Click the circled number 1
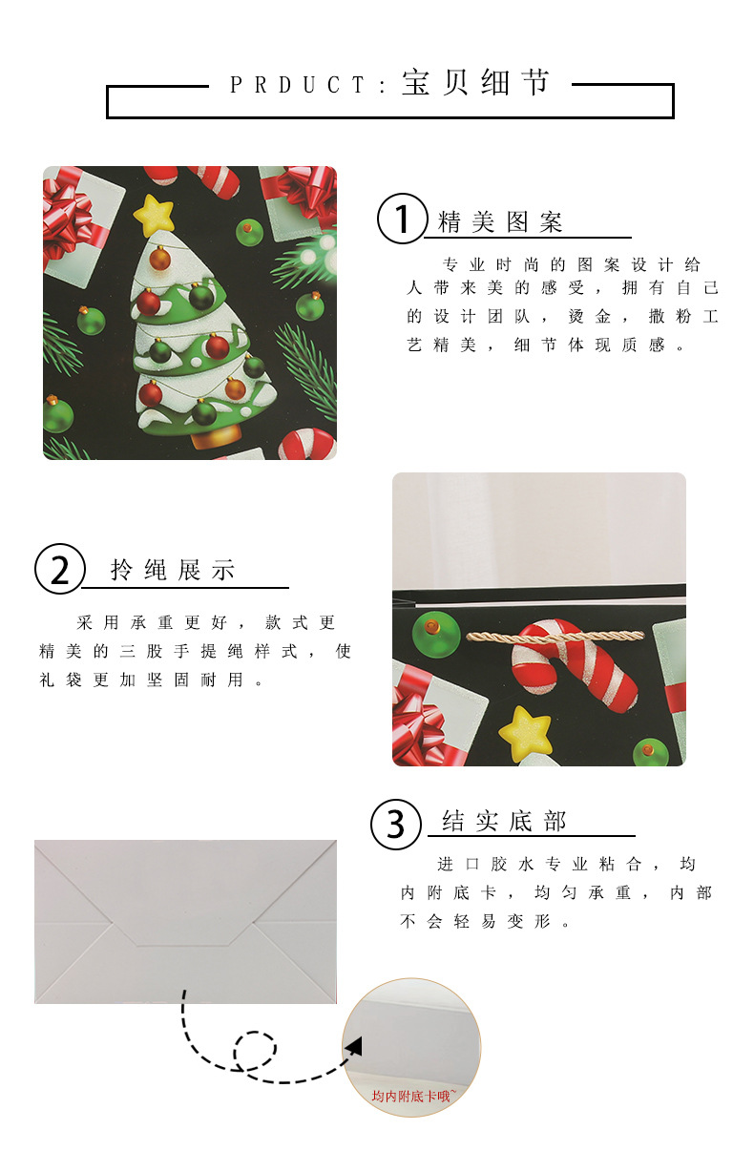point(403,219)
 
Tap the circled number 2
point(59,569)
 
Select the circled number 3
point(396,825)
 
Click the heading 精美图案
point(499,222)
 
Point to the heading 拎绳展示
point(173,570)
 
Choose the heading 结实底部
point(504,821)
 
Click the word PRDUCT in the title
point(297,85)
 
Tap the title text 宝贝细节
point(476,82)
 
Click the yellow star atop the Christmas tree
point(154,216)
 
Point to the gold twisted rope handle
point(555,638)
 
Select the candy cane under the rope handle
point(575,665)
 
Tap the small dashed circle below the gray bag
point(256,1050)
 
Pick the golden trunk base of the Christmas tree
point(216,435)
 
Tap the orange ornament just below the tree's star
point(159,258)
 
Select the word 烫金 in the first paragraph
point(590,317)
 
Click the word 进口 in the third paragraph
point(458,865)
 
